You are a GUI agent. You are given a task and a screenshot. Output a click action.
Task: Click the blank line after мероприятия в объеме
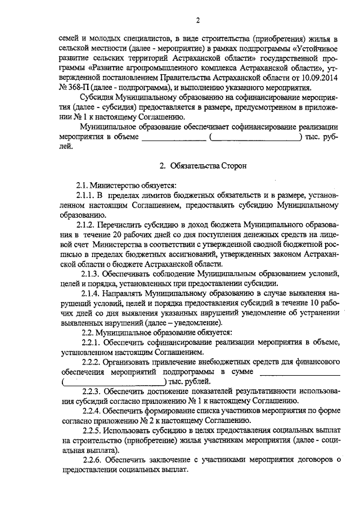tap(174, 137)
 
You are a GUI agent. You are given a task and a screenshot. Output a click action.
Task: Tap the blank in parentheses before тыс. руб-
tap(255, 137)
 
